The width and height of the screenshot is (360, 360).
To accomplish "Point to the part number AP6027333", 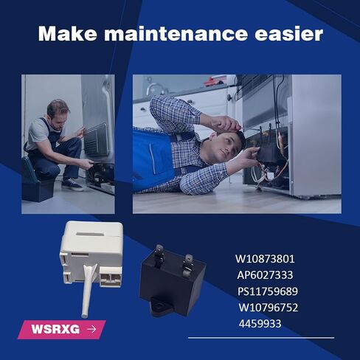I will pos(266,275).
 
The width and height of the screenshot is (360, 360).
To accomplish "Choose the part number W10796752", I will pos(269,307).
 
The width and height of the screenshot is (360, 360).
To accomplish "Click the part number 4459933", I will pos(260,323).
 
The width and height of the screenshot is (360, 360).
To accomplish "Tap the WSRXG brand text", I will pos(54,329).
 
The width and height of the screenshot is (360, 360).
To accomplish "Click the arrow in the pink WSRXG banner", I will pos(91,329).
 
